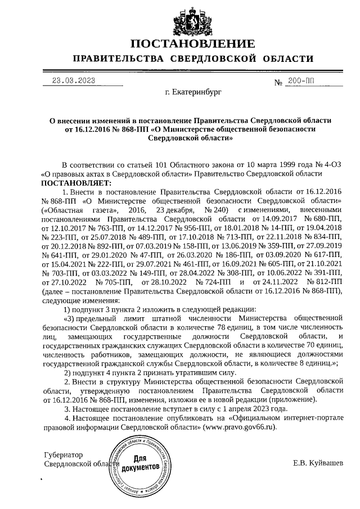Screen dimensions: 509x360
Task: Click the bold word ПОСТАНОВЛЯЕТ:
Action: [76, 183]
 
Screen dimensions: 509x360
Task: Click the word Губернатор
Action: [63, 454]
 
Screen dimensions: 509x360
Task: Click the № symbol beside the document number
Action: [278, 83]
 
